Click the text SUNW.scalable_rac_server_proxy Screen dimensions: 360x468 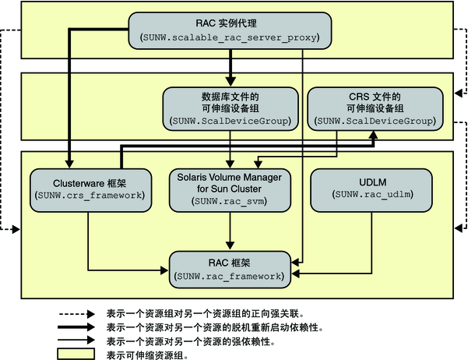click(231, 37)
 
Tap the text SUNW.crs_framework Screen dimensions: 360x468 click(89, 194)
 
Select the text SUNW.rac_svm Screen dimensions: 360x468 click(230, 202)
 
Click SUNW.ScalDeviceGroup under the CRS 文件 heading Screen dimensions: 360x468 click(375, 122)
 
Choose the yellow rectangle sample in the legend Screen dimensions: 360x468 click(77, 354)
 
